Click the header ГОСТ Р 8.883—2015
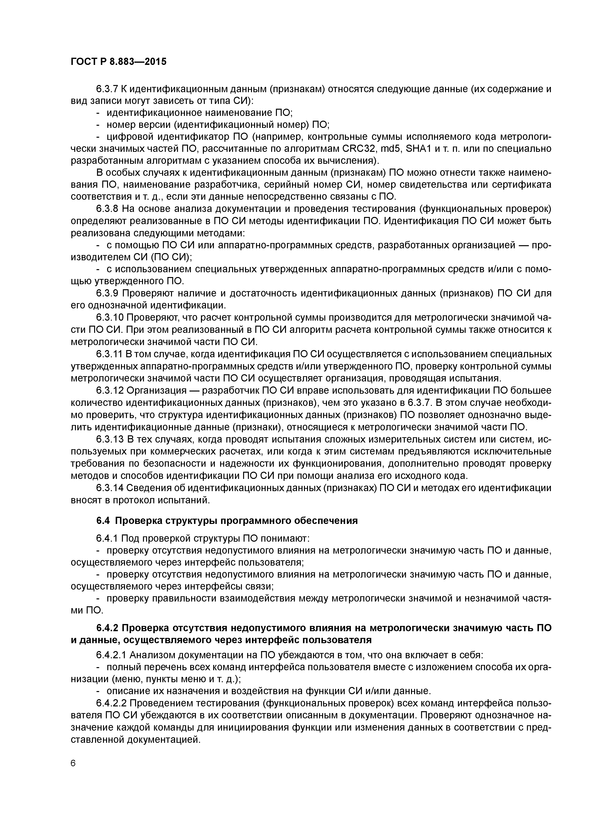click(x=118, y=62)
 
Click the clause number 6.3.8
click(x=106, y=209)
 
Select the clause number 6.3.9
click(x=106, y=293)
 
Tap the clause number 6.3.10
click(x=109, y=318)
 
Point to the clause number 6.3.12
click(x=109, y=390)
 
